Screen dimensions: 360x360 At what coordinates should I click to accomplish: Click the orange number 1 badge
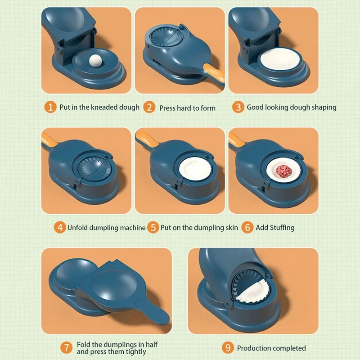pos(51,107)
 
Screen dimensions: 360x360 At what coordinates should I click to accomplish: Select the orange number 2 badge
pos(149,108)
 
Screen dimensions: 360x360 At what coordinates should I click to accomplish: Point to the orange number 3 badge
pos(238,107)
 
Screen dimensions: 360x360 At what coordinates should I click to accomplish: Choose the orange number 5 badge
pos(153,227)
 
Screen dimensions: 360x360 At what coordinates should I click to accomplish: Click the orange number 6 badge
pos(247,227)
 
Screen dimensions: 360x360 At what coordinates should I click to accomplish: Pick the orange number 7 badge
pos(67,347)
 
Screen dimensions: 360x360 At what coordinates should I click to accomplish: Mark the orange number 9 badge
pos(228,347)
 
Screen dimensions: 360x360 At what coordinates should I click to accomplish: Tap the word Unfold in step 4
pos(79,228)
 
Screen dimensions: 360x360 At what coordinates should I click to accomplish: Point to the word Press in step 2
pos(169,108)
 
